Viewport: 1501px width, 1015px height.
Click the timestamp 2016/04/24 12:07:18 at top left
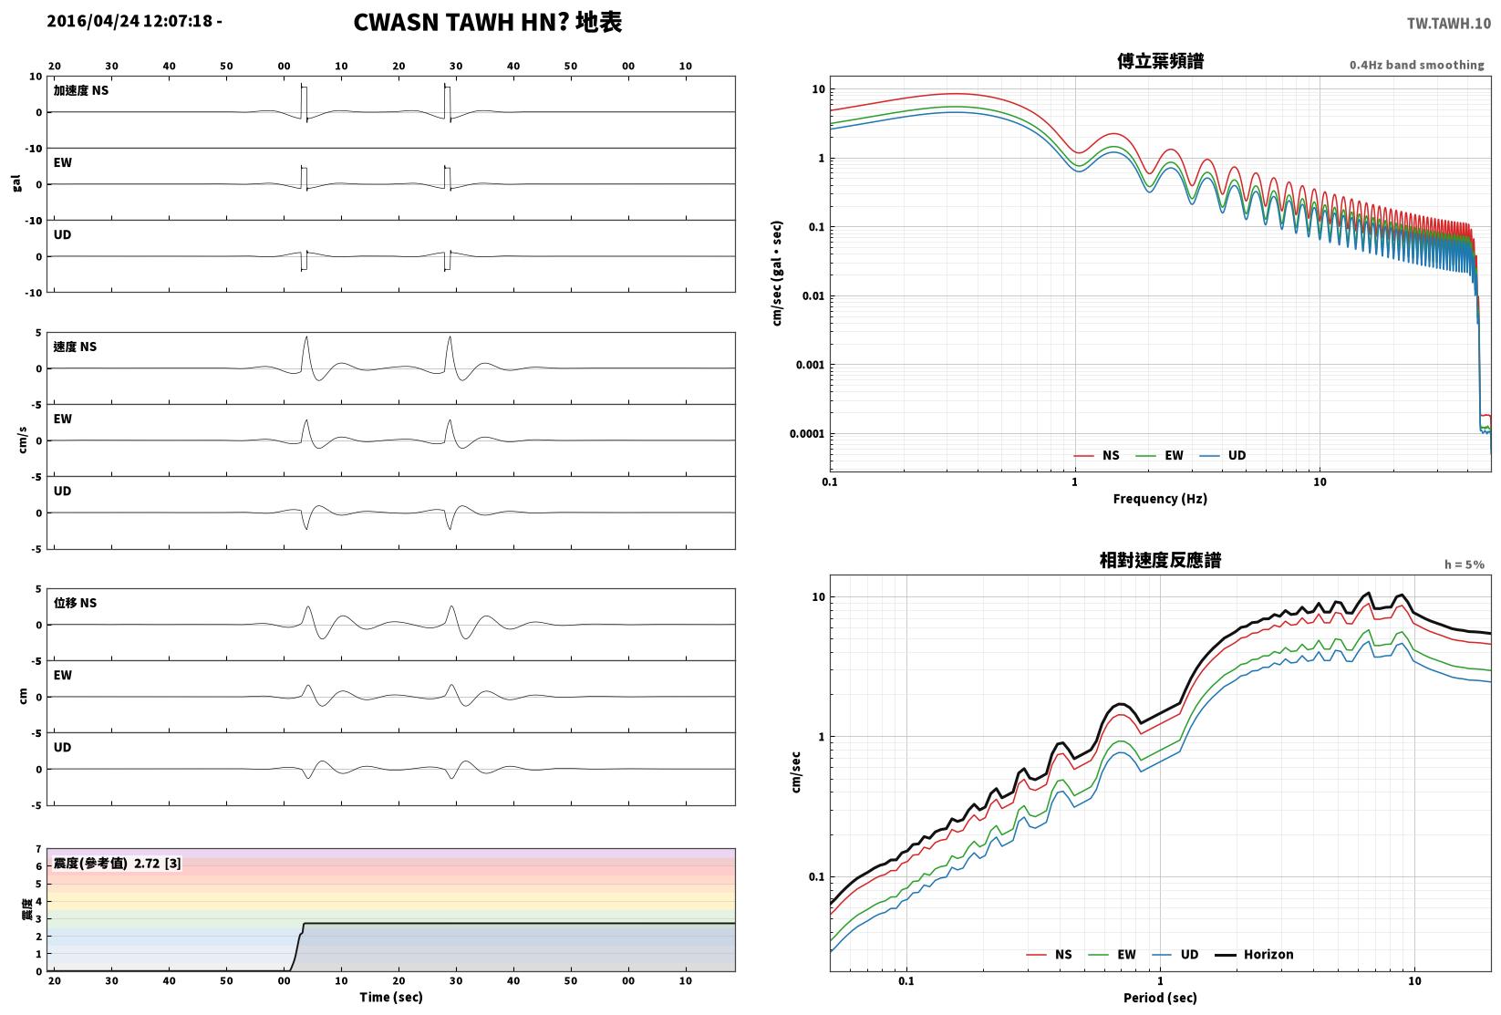(129, 21)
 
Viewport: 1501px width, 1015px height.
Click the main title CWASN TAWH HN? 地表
(487, 22)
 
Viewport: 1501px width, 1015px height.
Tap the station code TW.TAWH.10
(1449, 24)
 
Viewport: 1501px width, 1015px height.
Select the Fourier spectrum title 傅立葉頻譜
(1160, 61)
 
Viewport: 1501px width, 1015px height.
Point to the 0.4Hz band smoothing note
(1416, 65)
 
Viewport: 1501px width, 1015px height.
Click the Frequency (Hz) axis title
(1160, 499)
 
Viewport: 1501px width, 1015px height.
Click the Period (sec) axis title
(1160, 998)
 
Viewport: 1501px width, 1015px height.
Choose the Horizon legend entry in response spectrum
(1255, 954)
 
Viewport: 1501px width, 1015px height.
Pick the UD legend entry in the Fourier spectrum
(1223, 455)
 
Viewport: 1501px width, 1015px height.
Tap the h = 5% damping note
(1465, 564)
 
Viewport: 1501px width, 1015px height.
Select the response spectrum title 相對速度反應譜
(1160, 560)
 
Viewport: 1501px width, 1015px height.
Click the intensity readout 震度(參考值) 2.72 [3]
(118, 863)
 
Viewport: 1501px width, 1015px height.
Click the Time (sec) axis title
(391, 997)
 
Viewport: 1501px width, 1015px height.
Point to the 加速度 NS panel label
(81, 90)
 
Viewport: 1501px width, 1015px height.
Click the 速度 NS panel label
(75, 347)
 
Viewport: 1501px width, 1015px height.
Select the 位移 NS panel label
(75, 603)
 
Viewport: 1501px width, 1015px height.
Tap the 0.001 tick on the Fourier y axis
(810, 365)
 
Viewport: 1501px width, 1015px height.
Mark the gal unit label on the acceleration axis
(16, 183)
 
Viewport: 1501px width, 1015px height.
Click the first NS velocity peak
(306, 337)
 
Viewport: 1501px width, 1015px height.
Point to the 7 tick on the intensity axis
(39, 849)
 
